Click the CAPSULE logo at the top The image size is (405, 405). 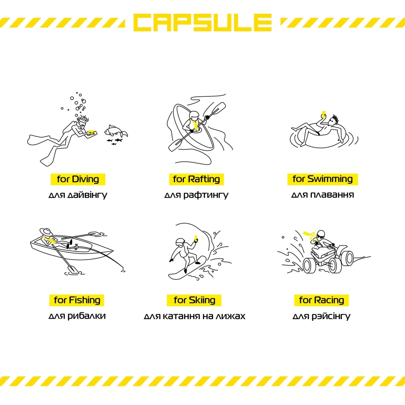pos(202,23)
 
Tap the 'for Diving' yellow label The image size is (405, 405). pos(78,179)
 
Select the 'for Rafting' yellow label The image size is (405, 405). pos(196,179)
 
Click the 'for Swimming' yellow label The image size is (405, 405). pos(323,179)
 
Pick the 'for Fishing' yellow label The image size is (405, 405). pos(77,300)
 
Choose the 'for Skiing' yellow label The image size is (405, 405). pos(194,300)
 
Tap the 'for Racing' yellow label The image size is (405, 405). pos(322,300)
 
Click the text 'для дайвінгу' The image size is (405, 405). pos(78,195)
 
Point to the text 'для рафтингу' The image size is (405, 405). pos(196,195)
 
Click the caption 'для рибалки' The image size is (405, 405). pos(77,316)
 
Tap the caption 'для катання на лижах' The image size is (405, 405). pos(194,316)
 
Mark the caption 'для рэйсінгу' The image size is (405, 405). pos(322,316)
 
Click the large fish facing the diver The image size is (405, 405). pos(115,131)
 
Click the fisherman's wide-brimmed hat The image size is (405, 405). pos(46,232)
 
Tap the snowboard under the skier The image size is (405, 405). pos(187,269)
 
